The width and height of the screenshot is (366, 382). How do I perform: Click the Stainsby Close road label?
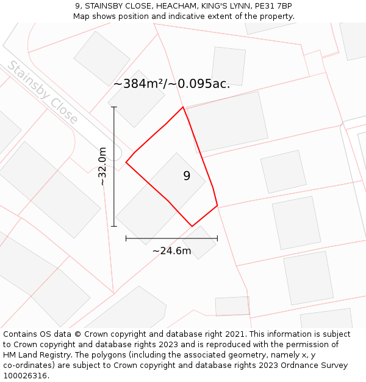click(43, 92)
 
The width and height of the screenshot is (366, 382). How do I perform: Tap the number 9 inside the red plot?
click(187, 176)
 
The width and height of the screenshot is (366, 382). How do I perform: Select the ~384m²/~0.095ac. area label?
click(171, 84)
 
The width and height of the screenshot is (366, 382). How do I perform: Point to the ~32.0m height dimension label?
click(102, 166)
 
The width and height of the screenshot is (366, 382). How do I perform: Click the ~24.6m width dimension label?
click(171, 251)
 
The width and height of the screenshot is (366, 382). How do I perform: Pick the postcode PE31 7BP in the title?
click(274, 6)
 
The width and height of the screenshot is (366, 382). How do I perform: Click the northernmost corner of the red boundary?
click(183, 107)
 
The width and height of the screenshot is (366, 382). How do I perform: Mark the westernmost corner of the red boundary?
click(126, 162)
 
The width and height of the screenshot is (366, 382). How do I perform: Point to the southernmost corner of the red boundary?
click(192, 226)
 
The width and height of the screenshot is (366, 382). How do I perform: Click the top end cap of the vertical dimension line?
click(114, 108)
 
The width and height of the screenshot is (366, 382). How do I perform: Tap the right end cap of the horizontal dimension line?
click(217, 238)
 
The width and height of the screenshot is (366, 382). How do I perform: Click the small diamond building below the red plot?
click(199, 242)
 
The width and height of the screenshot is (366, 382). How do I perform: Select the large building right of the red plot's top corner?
click(227, 121)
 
